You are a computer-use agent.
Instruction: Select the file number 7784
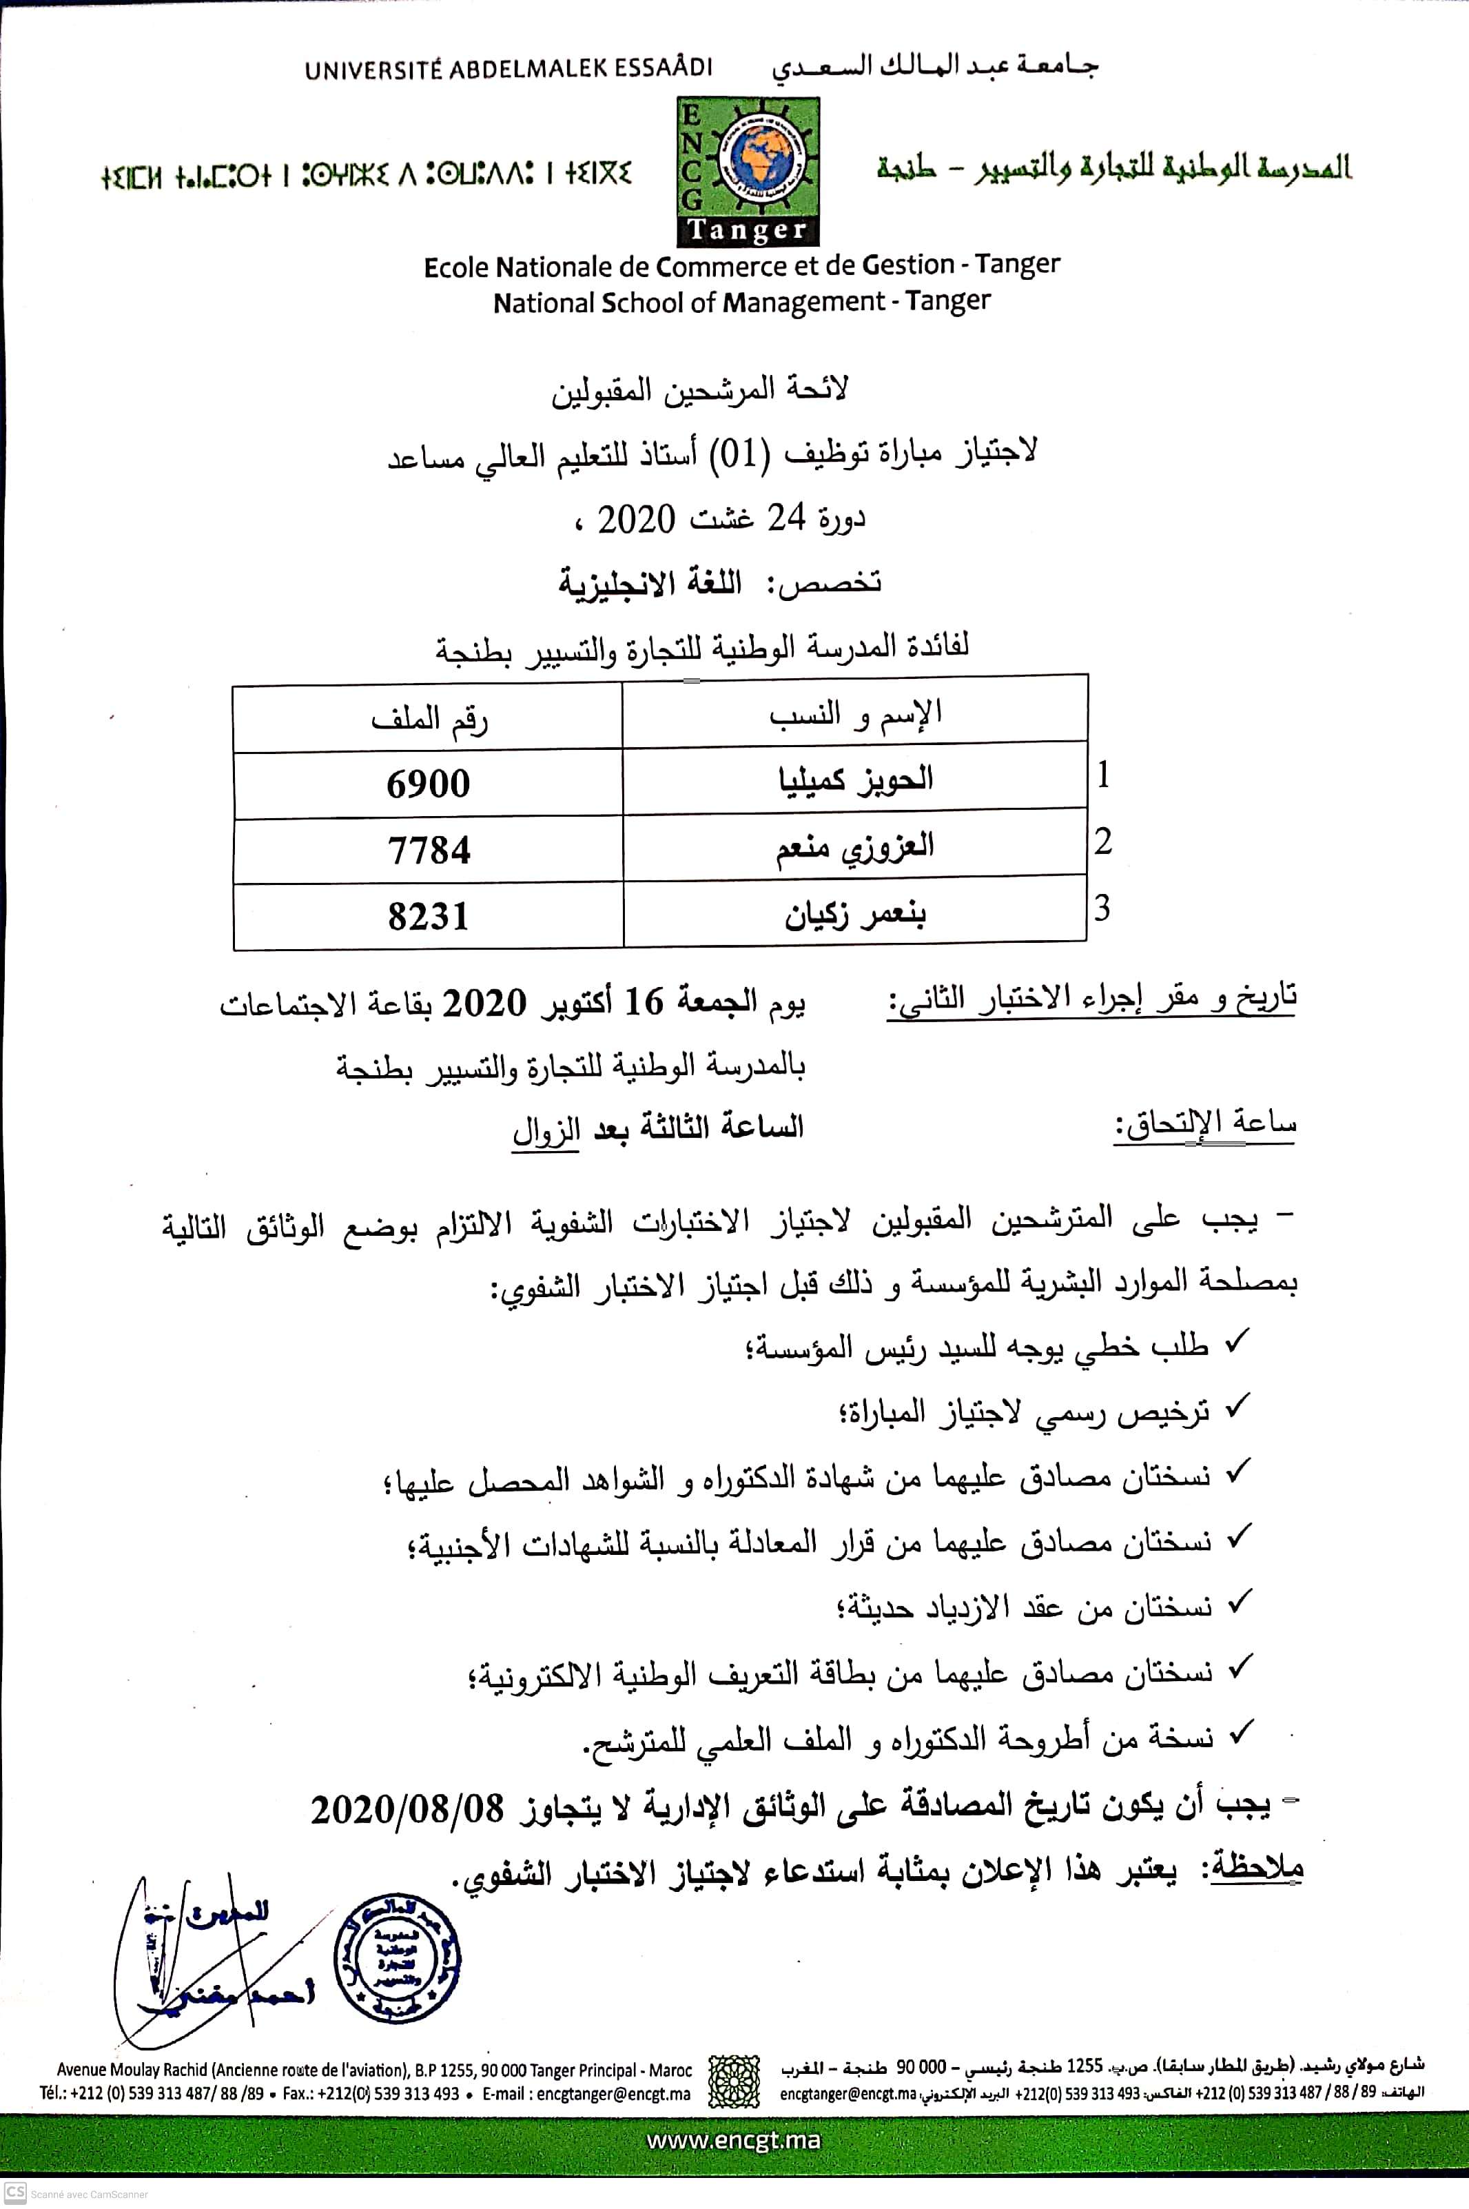click(x=428, y=850)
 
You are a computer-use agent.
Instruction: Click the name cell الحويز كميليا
click(x=855, y=780)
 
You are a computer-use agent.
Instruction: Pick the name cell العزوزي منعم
click(x=854, y=847)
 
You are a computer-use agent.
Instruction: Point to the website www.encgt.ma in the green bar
click(x=734, y=2139)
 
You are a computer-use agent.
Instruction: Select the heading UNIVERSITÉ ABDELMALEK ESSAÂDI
click(x=508, y=68)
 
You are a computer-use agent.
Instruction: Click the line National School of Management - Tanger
click(x=741, y=303)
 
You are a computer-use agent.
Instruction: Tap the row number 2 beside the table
click(x=1102, y=842)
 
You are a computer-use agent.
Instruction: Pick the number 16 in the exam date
click(x=644, y=1003)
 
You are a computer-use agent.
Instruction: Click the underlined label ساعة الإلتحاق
click(x=1204, y=1123)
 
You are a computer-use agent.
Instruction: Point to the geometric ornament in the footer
click(x=734, y=2081)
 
